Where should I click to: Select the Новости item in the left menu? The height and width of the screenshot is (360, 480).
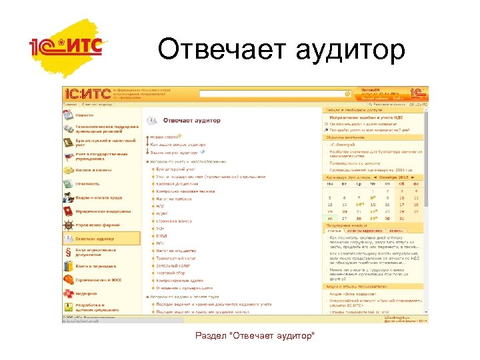pyautogui.click(x=85, y=115)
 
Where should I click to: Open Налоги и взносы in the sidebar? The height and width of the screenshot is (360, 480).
pyautogui.click(x=92, y=170)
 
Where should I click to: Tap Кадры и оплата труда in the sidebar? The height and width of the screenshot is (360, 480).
pyautogui.click(x=97, y=197)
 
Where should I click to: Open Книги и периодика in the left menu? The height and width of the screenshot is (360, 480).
pyautogui.click(x=97, y=265)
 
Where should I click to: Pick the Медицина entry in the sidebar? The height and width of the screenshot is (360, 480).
pyautogui.click(x=87, y=293)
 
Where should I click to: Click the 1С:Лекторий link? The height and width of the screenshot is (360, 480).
pyautogui.click(x=343, y=145)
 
